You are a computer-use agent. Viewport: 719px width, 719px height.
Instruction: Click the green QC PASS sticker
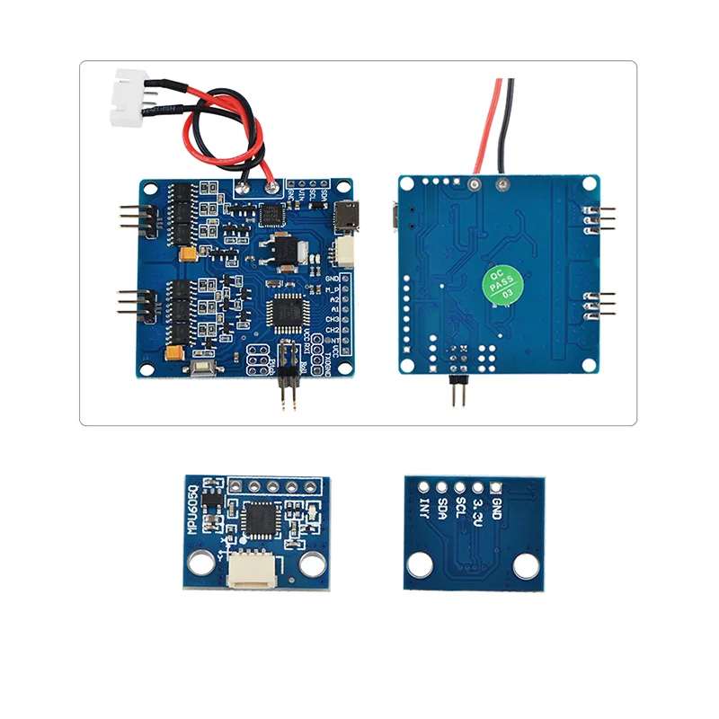coord(501,283)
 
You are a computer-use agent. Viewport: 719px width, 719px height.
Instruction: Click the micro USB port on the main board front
coord(346,217)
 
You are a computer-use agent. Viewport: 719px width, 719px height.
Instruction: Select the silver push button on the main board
coord(204,366)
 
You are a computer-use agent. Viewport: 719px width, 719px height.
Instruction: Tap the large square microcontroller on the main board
coord(287,311)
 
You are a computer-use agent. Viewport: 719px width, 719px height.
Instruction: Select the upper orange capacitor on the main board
coord(187,255)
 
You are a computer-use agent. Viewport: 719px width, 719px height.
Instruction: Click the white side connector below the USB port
coord(344,253)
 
